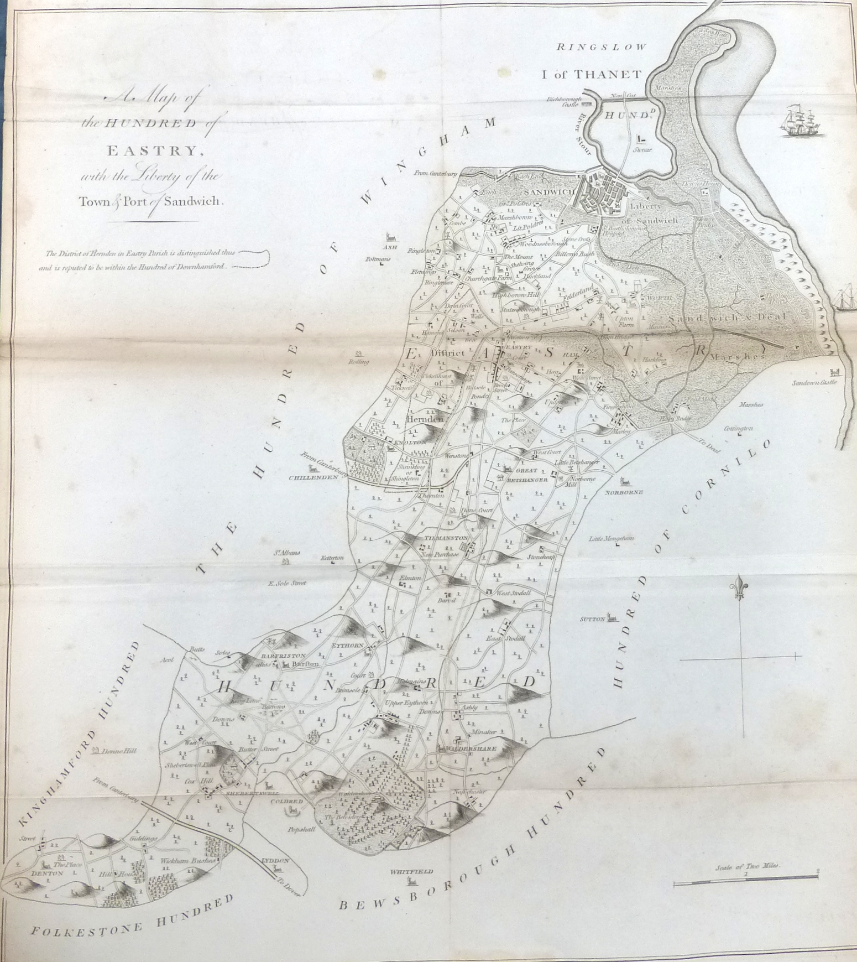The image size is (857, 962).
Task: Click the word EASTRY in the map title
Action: tap(151, 150)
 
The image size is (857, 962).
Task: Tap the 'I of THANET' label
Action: tap(591, 74)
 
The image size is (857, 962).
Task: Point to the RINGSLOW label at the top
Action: tap(601, 47)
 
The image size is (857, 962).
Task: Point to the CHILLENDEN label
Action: tap(313, 477)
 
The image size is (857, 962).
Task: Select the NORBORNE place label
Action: tap(624, 492)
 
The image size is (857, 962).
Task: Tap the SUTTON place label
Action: tap(592, 620)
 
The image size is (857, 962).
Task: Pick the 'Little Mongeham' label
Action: tap(611, 538)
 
